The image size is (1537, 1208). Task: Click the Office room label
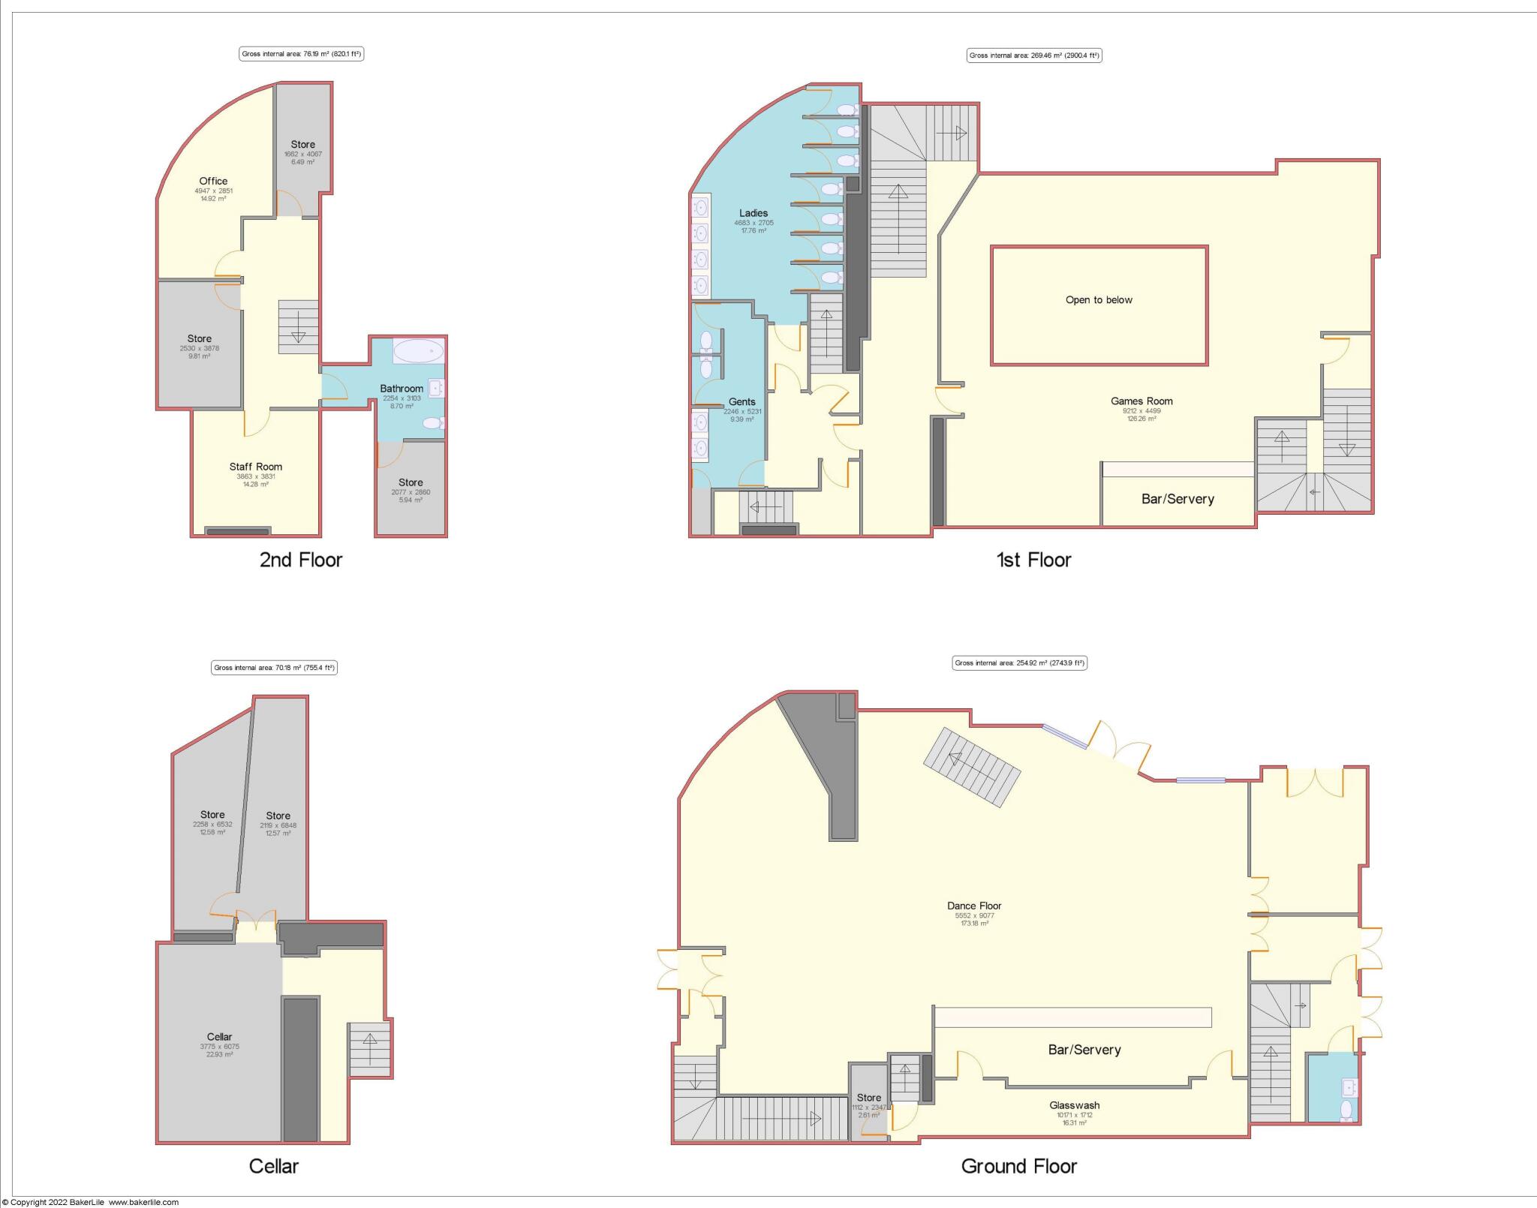coord(213,181)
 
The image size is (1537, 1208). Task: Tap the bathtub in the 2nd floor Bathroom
coord(419,351)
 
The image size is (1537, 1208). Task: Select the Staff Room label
coord(256,467)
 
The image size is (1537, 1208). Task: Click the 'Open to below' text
coord(1099,300)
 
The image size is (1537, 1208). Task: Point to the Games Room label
coord(1141,401)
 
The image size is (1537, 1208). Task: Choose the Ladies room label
coord(753,213)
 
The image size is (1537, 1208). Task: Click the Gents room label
coord(741,402)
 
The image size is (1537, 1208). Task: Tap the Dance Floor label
coord(974,906)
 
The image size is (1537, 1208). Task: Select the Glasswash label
coord(1074,1105)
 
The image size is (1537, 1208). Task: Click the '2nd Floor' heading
coord(301,560)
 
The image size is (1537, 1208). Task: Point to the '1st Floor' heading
coord(1033,560)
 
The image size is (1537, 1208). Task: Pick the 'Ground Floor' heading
coord(1018,1166)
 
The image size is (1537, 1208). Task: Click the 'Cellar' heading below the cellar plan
coord(273,1166)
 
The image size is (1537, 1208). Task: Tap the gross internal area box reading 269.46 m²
coord(1034,56)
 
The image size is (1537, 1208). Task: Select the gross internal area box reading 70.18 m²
coord(274,668)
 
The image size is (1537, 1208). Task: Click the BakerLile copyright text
coord(90,1202)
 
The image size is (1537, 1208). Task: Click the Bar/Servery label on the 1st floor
coord(1177,499)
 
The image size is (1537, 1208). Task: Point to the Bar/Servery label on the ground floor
coord(1084,1050)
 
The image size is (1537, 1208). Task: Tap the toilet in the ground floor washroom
coord(1346,1110)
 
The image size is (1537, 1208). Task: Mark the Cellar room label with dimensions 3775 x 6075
coord(219,1037)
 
